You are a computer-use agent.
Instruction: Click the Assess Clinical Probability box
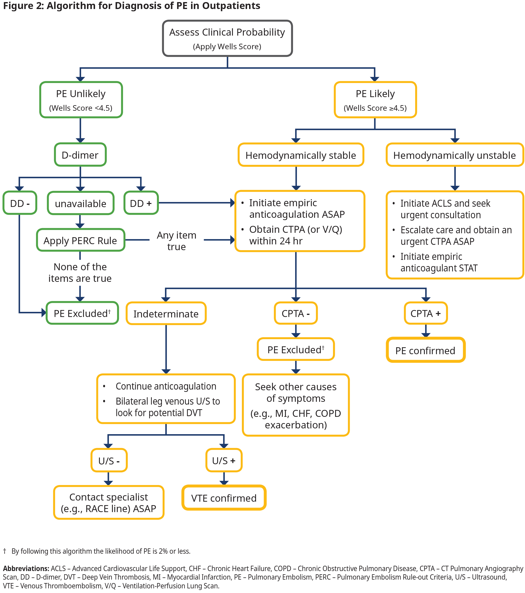pos(227,38)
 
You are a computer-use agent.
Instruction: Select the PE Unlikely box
pos(81,100)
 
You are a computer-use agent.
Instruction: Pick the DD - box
pos(20,203)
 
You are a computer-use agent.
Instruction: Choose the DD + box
pos(141,203)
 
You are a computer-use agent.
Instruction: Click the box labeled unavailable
pos(81,203)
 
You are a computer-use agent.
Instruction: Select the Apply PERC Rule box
pos(80,240)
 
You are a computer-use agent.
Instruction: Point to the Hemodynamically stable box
pos(301,155)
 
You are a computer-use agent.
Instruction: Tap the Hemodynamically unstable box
pos(454,155)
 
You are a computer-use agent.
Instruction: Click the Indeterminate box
pos(166,314)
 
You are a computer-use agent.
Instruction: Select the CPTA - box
pos(296,313)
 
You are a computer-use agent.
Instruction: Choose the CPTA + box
pos(426,313)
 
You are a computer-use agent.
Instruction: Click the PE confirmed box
pos(426,350)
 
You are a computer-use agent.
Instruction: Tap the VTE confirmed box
pos(224,498)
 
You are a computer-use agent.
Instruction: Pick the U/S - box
pos(109,461)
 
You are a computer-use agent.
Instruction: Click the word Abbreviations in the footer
pos(26,568)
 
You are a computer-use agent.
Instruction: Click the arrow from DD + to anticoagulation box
pos(196,203)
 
